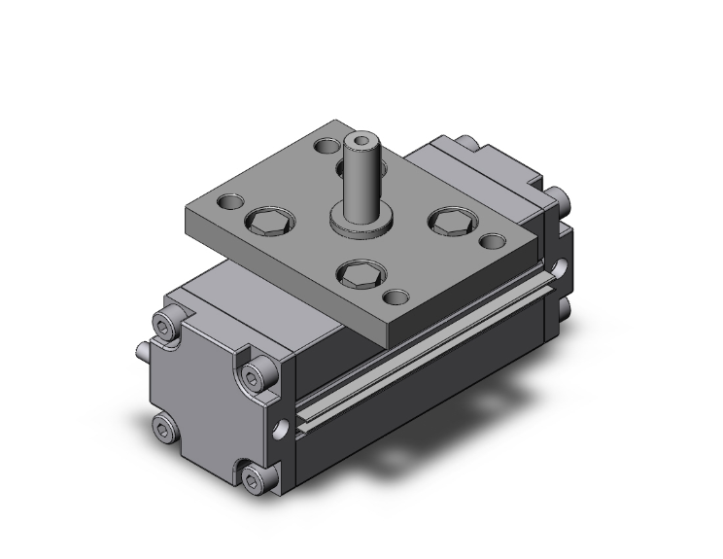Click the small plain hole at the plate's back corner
pos(324,149)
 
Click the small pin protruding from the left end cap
pos(141,350)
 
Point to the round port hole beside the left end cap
pos(283,427)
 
